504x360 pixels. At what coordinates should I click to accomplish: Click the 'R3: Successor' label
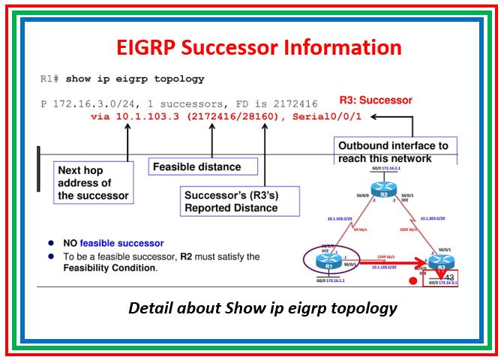coord(376,100)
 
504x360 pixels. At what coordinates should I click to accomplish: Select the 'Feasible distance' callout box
coord(203,166)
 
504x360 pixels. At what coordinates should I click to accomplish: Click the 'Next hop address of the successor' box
coord(93,183)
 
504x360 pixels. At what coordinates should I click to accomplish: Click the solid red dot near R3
coord(412,283)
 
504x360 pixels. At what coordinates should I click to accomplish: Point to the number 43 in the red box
coord(449,279)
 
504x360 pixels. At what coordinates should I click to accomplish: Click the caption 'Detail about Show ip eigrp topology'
coord(262,308)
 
